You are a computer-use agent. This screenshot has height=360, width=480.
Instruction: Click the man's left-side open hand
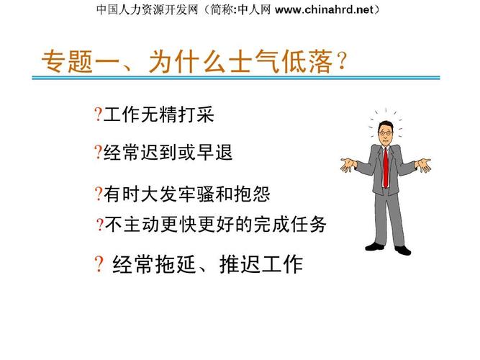348,166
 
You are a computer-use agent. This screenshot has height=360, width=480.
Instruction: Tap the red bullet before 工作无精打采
97,114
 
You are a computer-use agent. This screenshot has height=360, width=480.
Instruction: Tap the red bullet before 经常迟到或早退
97,152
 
